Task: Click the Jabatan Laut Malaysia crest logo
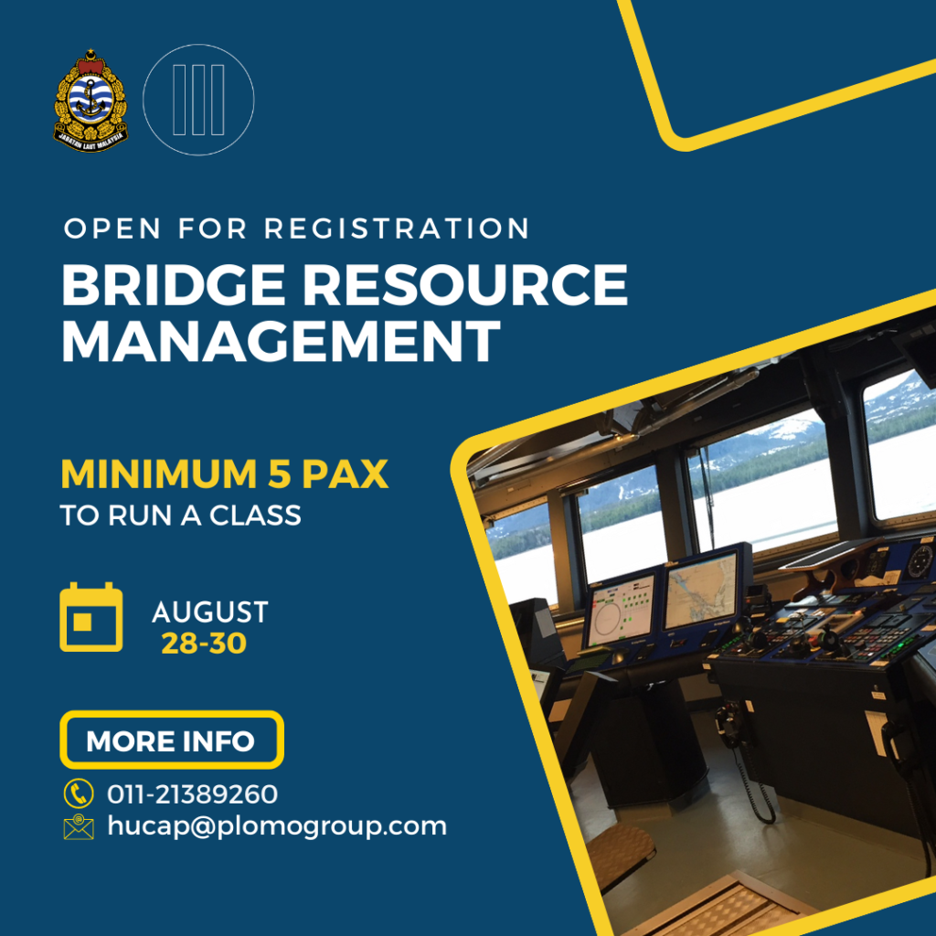[90, 101]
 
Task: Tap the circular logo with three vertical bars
[198, 100]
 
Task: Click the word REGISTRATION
[397, 229]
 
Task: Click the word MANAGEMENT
[281, 340]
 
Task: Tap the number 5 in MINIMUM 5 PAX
[279, 474]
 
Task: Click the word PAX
[345, 474]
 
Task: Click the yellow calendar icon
[91, 617]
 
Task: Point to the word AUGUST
[210, 612]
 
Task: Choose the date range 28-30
[204, 643]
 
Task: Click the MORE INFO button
[171, 739]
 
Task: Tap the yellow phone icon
[79, 793]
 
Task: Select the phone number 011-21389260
[192, 794]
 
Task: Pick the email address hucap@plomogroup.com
[277, 826]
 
